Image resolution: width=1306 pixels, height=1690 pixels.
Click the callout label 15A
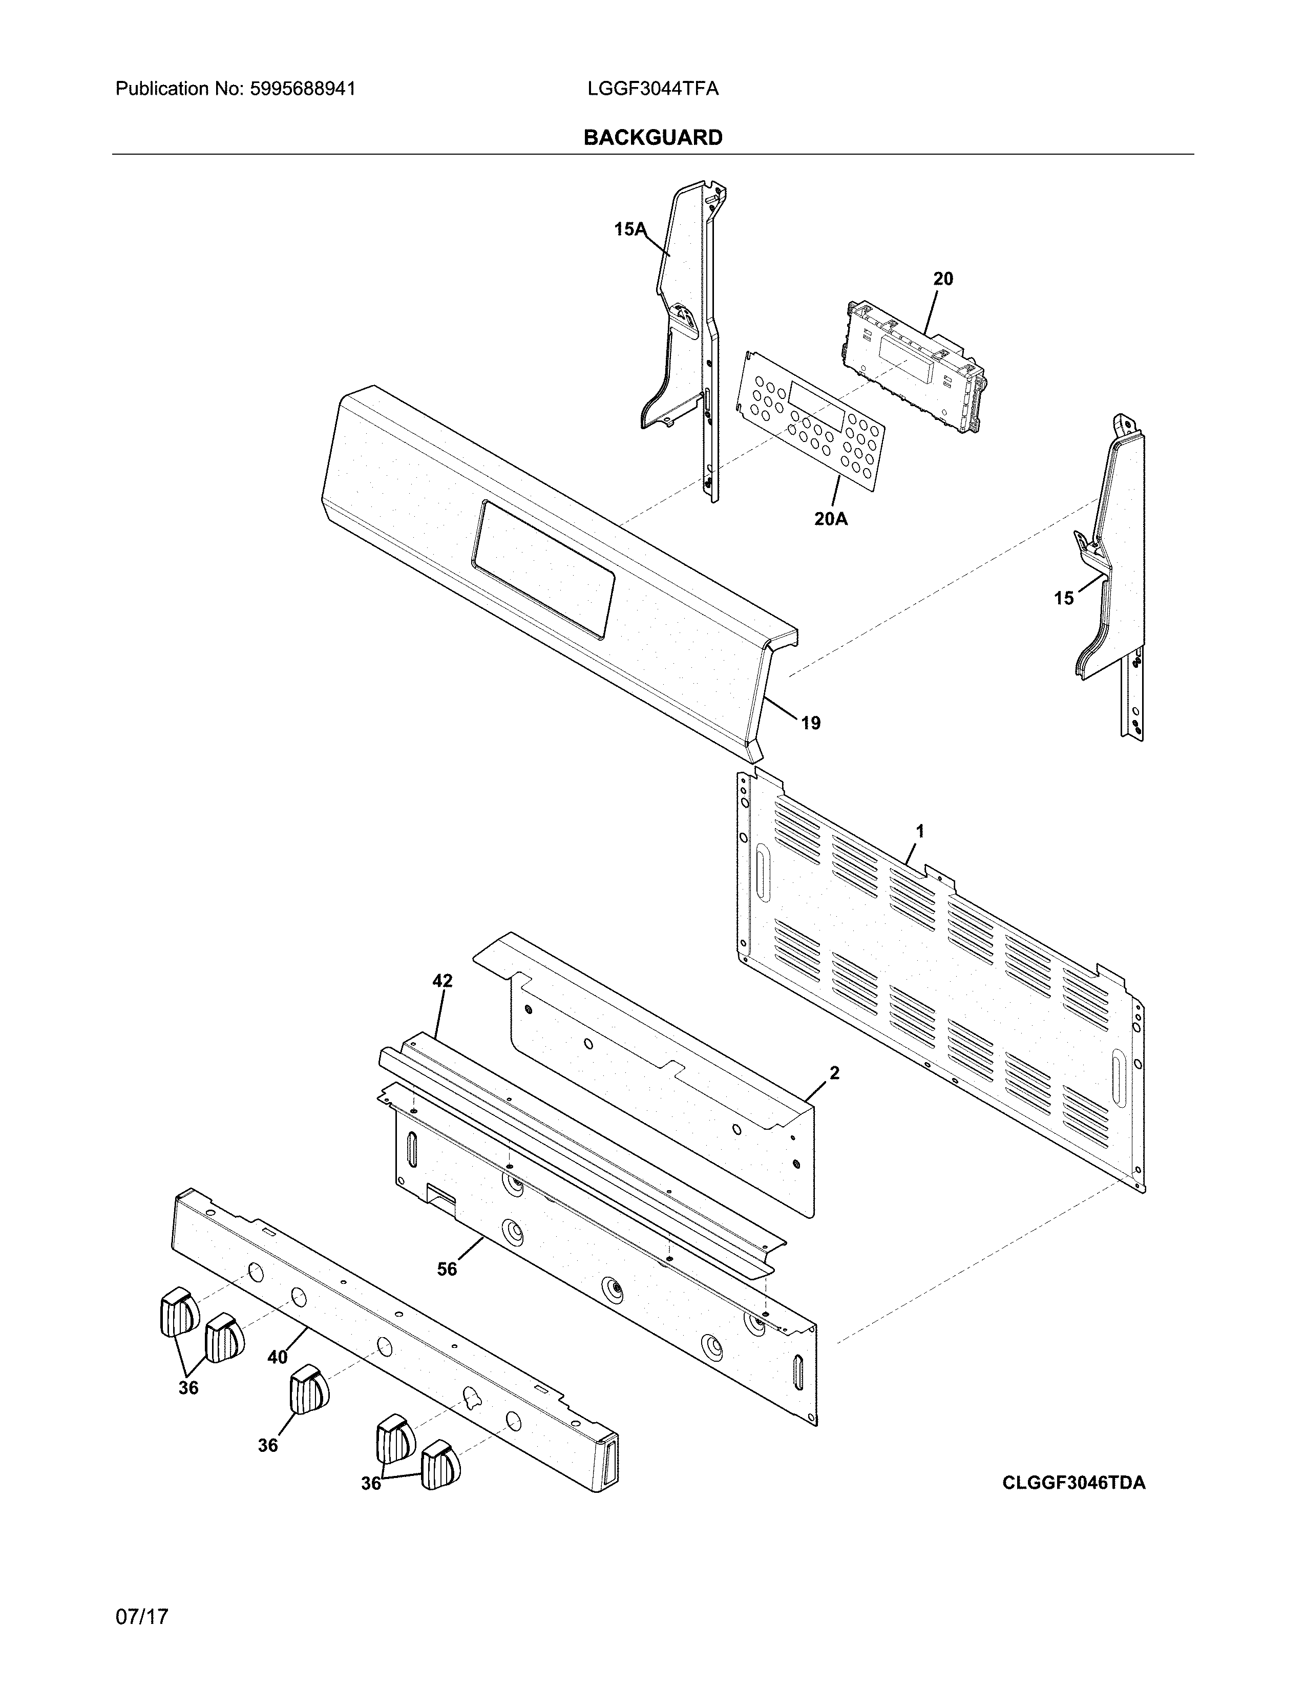tap(629, 229)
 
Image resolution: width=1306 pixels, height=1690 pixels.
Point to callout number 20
tap(942, 279)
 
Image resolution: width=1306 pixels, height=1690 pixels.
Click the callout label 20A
tap(830, 519)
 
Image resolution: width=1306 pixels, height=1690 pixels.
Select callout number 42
tap(442, 981)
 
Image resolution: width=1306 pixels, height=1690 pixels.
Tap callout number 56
tap(447, 1269)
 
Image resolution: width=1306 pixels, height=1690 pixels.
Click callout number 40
tap(277, 1357)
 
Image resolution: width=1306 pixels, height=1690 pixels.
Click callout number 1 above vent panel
tap(920, 831)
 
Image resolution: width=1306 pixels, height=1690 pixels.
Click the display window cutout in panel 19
tap(541, 569)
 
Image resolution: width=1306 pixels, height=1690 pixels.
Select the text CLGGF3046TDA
tap(1073, 1483)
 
